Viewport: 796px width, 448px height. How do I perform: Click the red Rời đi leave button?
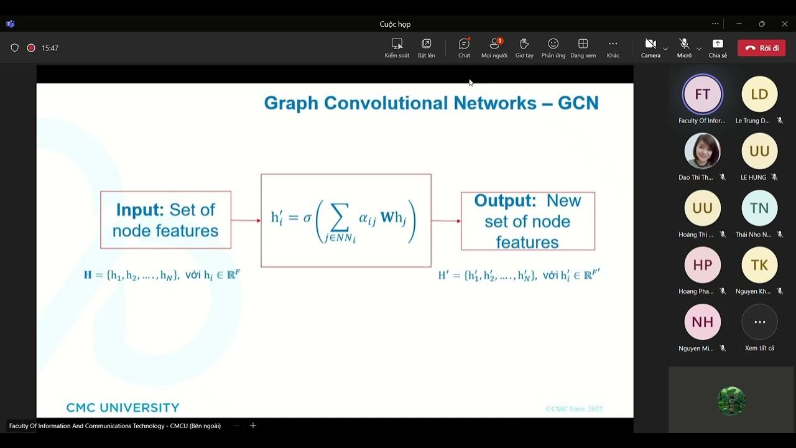761,48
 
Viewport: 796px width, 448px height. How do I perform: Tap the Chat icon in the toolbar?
464,44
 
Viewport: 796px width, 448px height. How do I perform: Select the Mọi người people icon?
494,44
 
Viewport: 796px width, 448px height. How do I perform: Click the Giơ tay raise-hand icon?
524,44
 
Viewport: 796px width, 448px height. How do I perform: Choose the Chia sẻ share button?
718,44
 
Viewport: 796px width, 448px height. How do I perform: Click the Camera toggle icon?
650,44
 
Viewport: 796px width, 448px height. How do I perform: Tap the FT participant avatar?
702,95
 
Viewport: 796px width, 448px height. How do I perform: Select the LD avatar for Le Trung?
759,95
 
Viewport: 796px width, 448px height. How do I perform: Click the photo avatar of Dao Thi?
702,151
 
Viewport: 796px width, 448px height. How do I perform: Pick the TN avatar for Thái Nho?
759,208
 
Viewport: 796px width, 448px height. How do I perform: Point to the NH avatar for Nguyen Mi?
702,322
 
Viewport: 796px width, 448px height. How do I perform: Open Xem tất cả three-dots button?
759,322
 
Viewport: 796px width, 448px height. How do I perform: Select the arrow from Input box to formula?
246,220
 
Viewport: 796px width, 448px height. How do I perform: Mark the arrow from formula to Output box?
446,221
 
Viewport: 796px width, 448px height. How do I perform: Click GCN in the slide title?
578,103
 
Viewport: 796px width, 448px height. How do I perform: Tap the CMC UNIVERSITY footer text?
123,408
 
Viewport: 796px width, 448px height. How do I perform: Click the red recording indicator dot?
31,48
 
